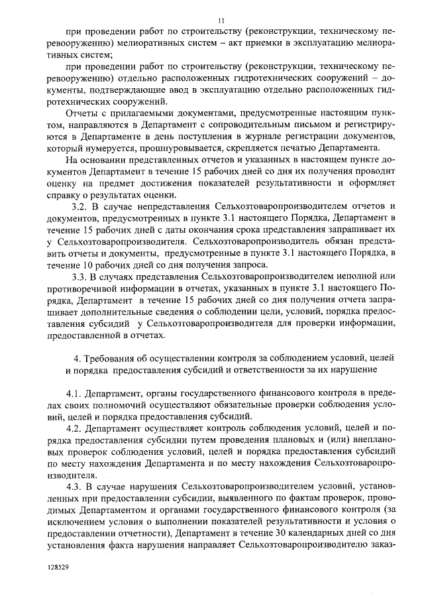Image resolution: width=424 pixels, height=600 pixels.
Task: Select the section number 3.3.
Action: [x=80, y=276]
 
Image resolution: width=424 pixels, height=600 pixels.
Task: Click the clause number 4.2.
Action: [x=76, y=428]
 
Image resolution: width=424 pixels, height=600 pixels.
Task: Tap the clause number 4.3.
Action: [x=76, y=487]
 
